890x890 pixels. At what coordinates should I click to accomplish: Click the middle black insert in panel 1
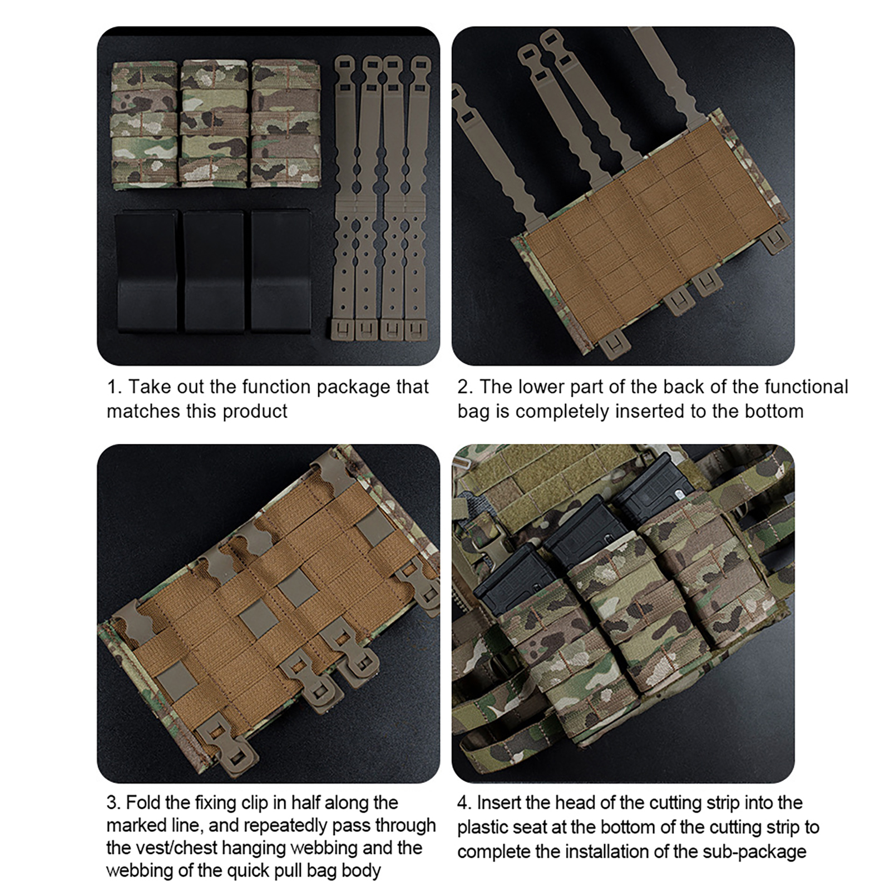tap(214, 271)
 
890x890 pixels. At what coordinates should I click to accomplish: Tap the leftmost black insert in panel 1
tap(146, 271)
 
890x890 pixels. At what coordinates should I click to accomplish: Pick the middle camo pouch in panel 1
tap(214, 123)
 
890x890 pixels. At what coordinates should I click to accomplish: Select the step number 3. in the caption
tap(113, 803)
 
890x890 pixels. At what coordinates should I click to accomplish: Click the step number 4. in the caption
tap(464, 803)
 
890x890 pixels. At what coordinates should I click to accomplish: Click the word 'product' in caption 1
tap(255, 412)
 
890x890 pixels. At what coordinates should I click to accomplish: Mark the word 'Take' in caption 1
tap(148, 387)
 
